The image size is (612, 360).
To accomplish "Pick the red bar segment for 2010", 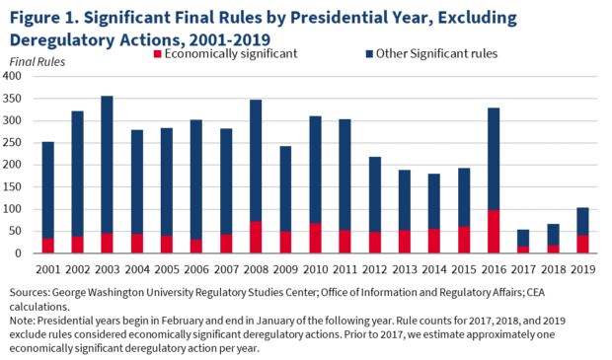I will tap(315, 239).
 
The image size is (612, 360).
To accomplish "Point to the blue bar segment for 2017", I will tap(523, 238).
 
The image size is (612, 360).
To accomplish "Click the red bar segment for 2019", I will tap(583, 245).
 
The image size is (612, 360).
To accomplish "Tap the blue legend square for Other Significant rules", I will tap(366, 53).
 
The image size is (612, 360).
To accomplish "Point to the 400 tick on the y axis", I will tap(14, 76).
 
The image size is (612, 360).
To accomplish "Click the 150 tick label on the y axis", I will tap(14, 186).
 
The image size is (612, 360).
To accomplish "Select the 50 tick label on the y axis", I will tap(17, 231).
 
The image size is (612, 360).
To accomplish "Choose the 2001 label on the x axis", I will tap(46, 267).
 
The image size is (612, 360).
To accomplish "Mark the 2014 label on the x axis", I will tap(434, 267).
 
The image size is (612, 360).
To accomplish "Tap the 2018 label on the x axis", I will tap(554, 267).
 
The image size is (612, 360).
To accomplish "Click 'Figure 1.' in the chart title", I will tap(45, 17).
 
